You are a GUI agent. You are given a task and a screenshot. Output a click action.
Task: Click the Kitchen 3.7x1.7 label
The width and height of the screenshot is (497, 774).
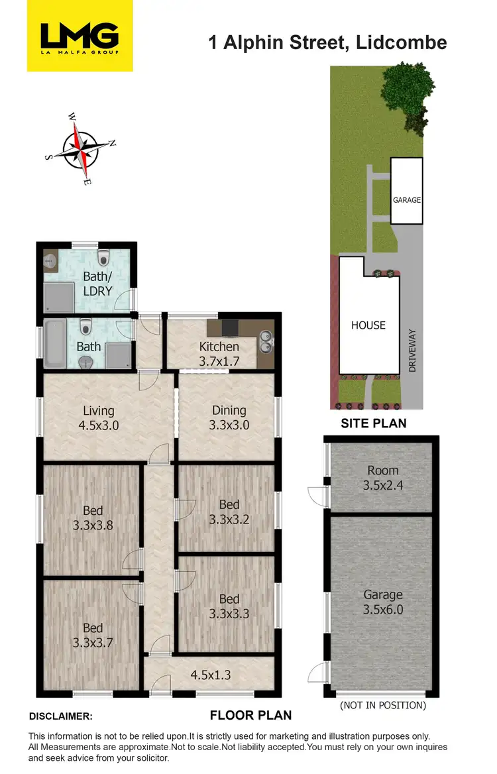point(219,354)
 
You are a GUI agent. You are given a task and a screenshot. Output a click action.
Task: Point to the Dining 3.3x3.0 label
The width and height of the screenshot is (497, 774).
point(229,418)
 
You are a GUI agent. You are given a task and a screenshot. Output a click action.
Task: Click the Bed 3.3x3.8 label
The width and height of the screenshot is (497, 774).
point(93,518)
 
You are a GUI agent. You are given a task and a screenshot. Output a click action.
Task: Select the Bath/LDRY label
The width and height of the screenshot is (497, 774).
point(97,284)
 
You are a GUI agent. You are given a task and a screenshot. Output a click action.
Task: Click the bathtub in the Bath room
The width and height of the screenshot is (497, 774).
point(54,344)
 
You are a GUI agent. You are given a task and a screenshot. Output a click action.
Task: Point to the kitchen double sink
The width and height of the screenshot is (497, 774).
point(266,341)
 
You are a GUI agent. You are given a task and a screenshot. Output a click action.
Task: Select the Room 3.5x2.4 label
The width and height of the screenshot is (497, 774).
point(383,478)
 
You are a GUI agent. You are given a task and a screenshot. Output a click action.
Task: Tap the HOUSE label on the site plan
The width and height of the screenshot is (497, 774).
point(368,325)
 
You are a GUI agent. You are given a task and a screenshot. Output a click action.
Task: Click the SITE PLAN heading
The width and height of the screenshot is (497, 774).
point(374,423)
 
